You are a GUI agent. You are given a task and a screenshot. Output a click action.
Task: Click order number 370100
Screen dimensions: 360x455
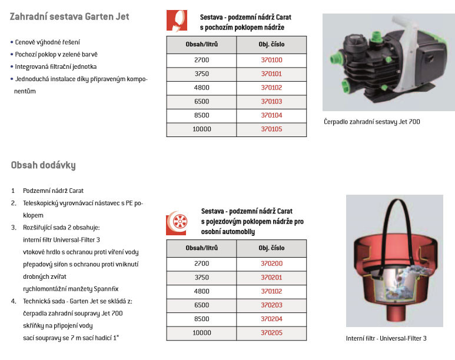tap(271, 60)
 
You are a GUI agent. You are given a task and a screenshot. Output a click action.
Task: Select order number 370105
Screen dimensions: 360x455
tap(271, 129)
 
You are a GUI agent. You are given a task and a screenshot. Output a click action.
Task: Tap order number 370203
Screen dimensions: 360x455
tap(271, 305)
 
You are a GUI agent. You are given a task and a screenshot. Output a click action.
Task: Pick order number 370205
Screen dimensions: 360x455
tap(271, 332)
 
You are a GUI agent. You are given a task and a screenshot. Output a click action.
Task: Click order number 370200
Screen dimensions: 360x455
tap(271, 264)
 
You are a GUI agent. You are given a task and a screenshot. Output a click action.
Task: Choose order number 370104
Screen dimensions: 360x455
tap(271, 115)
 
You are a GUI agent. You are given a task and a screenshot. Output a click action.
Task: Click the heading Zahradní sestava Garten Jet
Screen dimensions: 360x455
tap(69, 17)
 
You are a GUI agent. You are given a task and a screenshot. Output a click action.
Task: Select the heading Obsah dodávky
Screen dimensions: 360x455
tap(43, 165)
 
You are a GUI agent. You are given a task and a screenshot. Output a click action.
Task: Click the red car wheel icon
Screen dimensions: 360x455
tap(178, 221)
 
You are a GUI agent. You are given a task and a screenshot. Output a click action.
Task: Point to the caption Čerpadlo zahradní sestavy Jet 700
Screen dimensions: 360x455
tap(372, 122)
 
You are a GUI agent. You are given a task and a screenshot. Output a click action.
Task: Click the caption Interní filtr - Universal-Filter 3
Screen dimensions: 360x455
tap(386, 338)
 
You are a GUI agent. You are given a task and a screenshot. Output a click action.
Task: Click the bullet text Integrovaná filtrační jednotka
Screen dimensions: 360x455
tap(59, 66)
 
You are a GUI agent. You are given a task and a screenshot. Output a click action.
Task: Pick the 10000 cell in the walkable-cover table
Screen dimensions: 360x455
tap(201, 129)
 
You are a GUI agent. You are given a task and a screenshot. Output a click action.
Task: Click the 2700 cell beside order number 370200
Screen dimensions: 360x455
tap(201, 264)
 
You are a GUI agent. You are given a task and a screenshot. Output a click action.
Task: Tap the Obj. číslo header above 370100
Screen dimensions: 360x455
tap(271, 45)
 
